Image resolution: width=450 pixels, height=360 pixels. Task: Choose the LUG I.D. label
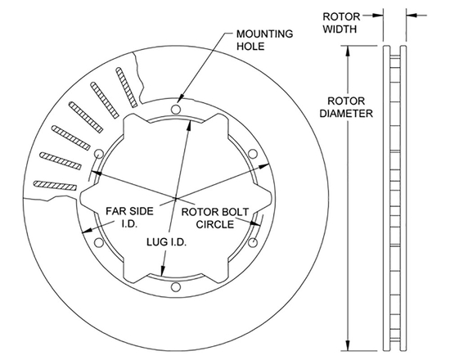(163, 243)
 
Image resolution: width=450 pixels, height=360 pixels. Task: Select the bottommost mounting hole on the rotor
(175, 286)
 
